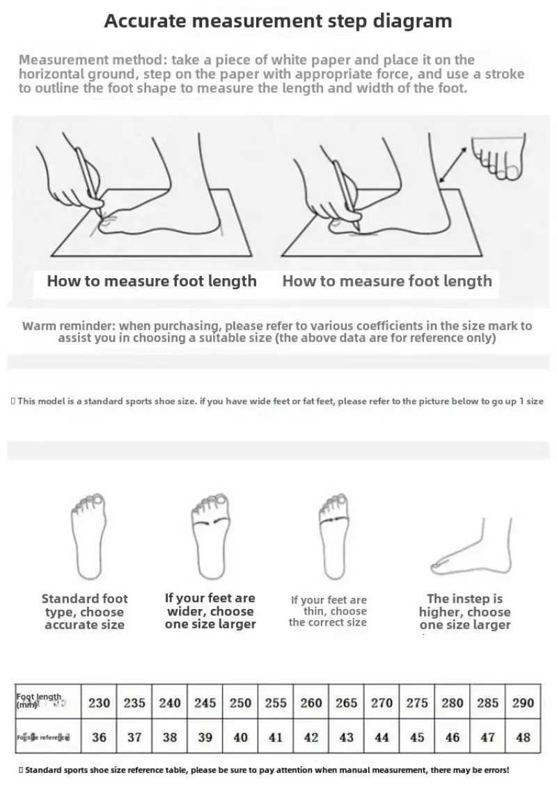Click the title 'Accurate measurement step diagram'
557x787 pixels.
pyautogui.click(x=278, y=21)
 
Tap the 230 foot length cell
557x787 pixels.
pyautogui.click(x=99, y=703)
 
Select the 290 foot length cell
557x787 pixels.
pyautogui.click(x=523, y=703)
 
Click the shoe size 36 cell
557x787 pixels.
pyautogui.click(x=99, y=737)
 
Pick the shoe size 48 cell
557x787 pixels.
pyautogui.click(x=523, y=737)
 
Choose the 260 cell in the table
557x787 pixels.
pyautogui.click(x=311, y=703)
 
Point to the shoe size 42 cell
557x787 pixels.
pyautogui.click(x=311, y=737)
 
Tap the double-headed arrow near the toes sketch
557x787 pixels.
pyautogui.click(x=453, y=165)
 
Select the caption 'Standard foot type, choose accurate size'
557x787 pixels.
pyautogui.click(x=84, y=612)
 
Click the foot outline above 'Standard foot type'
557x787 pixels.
pyautogui.click(x=88, y=535)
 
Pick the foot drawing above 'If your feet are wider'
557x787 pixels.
pyautogui.click(x=210, y=535)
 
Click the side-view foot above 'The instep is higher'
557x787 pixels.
pyautogui.click(x=473, y=546)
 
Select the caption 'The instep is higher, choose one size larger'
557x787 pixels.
pyautogui.click(x=464, y=612)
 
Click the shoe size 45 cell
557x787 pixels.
pyautogui.click(x=416, y=737)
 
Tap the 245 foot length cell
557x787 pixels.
pyautogui.click(x=205, y=703)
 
